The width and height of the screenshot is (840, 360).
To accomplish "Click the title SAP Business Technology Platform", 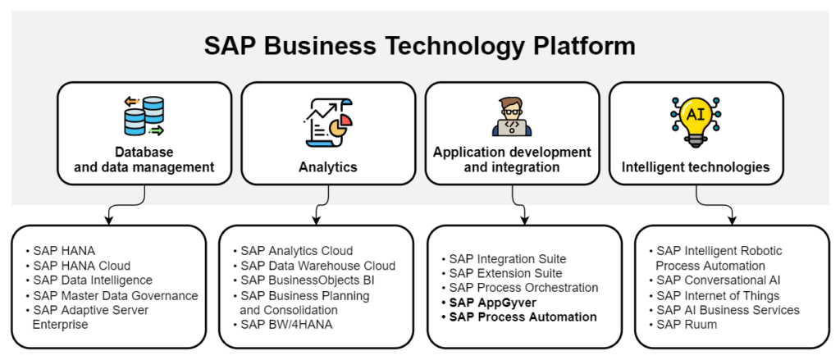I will [x=419, y=46].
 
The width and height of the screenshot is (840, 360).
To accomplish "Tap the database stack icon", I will [x=144, y=116].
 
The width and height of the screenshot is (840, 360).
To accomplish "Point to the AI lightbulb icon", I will [x=695, y=117].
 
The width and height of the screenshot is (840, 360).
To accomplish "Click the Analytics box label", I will [x=327, y=167].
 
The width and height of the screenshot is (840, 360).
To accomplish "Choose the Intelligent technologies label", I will [x=696, y=167].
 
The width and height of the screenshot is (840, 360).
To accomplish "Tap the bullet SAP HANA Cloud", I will [x=81, y=266].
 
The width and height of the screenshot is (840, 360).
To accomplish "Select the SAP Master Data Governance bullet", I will [x=115, y=295].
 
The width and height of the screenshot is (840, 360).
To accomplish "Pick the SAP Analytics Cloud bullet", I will [x=296, y=251].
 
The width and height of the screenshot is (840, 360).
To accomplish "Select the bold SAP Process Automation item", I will [x=523, y=317].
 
